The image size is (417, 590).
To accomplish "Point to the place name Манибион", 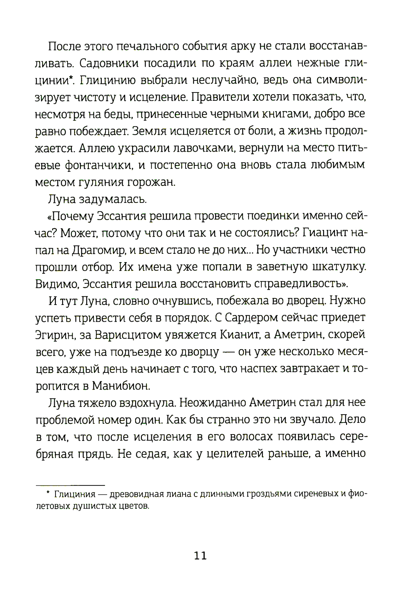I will pyautogui.click(x=120, y=385).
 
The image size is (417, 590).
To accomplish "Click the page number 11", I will pyautogui.click(x=201, y=555).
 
